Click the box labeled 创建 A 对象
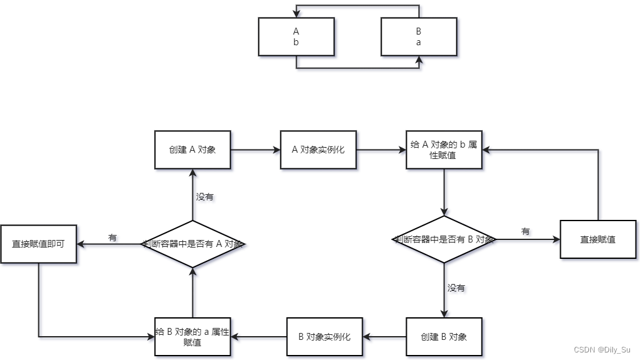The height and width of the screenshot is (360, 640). (x=192, y=150)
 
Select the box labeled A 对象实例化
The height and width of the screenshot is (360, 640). (x=318, y=150)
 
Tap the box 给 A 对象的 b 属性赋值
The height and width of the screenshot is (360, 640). (x=444, y=150)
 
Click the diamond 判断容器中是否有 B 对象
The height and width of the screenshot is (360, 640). (x=444, y=239)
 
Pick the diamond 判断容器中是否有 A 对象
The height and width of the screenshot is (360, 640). (x=192, y=244)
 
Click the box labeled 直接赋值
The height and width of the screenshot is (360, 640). (x=598, y=239)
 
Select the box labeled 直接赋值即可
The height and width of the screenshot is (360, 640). (x=39, y=244)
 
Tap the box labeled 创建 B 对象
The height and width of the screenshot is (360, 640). (x=444, y=337)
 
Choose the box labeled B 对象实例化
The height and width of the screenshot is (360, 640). (x=324, y=337)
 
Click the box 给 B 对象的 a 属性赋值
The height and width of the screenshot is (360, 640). (x=192, y=337)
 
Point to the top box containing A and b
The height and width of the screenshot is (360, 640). (x=296, y=36)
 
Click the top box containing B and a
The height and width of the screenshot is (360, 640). (x=419, y=36)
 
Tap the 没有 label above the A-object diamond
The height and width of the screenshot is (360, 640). (x=204, y=197)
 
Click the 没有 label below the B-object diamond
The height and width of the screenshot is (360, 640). (x=456, y=288)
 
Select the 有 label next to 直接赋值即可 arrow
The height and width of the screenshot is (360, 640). (x=113, y=237)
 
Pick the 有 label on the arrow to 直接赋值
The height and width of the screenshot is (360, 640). (x=526, y=232)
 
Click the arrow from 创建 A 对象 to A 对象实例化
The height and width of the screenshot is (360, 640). (x=255, y=150)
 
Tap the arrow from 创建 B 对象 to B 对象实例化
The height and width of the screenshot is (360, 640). (x=385, y=337)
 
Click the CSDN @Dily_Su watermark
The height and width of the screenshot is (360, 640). (x=602, y=349)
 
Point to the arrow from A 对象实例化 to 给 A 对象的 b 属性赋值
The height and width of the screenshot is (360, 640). (x=381, y=150)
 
